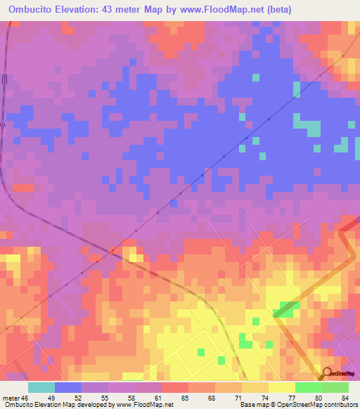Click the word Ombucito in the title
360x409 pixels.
[x=27, y=9]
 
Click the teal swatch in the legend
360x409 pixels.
[x=41, y=387]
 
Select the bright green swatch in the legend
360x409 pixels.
[x=308, y=387]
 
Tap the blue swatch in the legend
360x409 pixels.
[x=67, y=387]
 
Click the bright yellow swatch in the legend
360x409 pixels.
[x=281, y=387]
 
